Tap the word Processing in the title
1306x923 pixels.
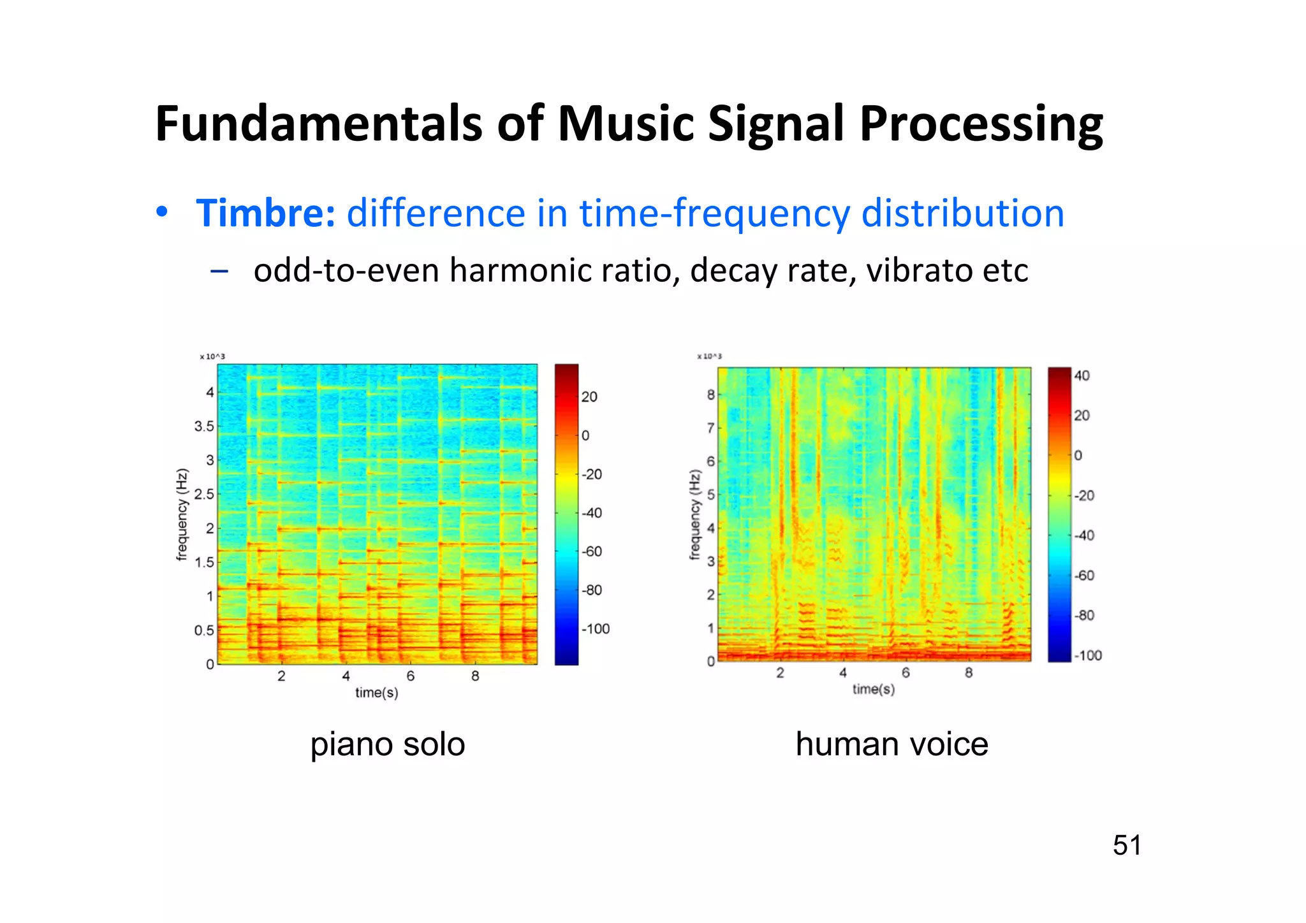coord(981,124)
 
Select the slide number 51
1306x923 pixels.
coord(1127,845)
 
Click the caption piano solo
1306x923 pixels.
coord(388,744)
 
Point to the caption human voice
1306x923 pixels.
coord(891,744)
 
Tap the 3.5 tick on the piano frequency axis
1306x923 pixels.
coord(204,426)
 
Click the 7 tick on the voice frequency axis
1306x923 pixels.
coord(710,428)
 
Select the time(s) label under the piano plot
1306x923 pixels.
coord(377,692)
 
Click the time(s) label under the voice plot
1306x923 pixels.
coord(874,689)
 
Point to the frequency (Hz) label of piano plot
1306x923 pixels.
coord(182,514)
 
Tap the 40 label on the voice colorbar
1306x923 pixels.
coord(1082,375)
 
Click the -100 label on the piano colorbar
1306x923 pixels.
coord(596,629)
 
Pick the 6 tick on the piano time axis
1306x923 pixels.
coord(411,676)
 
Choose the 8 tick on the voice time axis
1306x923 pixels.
coord(969,673)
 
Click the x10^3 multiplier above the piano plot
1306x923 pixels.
coord(212,356)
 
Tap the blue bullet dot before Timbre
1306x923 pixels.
coord(162,212)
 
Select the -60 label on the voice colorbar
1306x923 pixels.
coord(1084,576)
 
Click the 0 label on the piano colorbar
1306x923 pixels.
coord(585,435)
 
